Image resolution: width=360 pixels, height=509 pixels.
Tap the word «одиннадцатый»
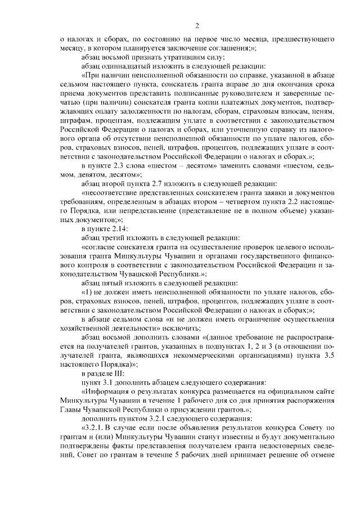119,66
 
